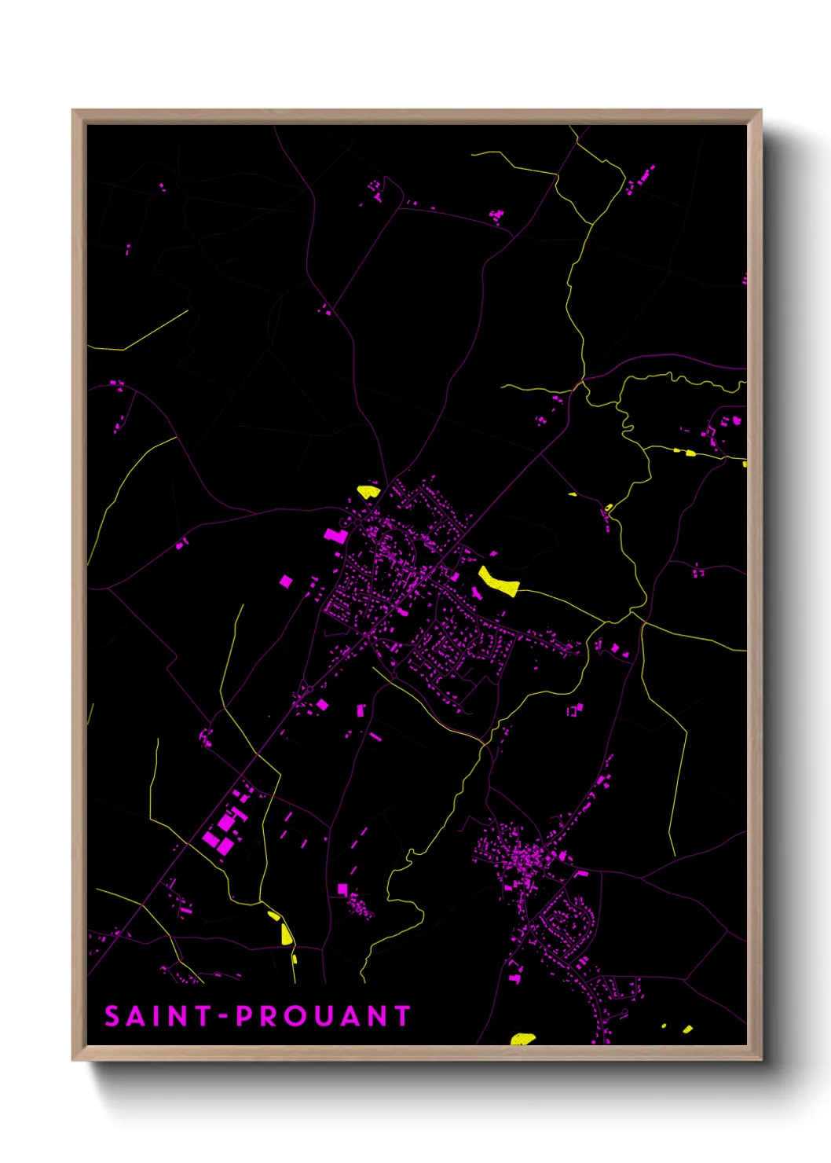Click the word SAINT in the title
pyautogui.click(x=159, y=1016)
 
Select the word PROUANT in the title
pyautogui.click(x=324, y=1016)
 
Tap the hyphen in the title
pyautogui.click(x=224, y=1017)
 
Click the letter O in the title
pyautogui.click(x=295, y=1016)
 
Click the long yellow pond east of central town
pyautogui.click(x=499, y=581)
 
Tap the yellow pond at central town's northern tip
pyautogui.click(x=368, y=492)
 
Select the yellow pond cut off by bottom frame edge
pyautogui.click(x=522, y=1039)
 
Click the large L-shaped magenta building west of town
pyautogui.click(x=335, y=535)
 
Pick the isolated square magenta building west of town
pyautogui.click(x=286, y=581)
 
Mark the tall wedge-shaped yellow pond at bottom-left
pyautogui.click(x=286, y=934)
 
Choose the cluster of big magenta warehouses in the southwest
pyautogui.click(x=224, y=829)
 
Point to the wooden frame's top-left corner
pyautogui.click(x=73, y=111)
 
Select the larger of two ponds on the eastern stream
pyautogui.click(x=690, y=453)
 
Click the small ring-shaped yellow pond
pyautogui.click(x=609, y=507)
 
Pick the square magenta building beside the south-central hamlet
pyautogui.click(x=342, y=889)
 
